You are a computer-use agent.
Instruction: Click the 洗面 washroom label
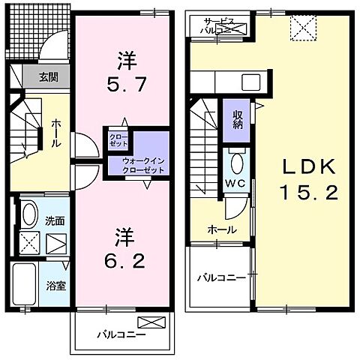(55, 222)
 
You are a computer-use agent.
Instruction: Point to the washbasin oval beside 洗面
(28, 215)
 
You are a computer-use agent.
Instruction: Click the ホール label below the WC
(223, 229)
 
